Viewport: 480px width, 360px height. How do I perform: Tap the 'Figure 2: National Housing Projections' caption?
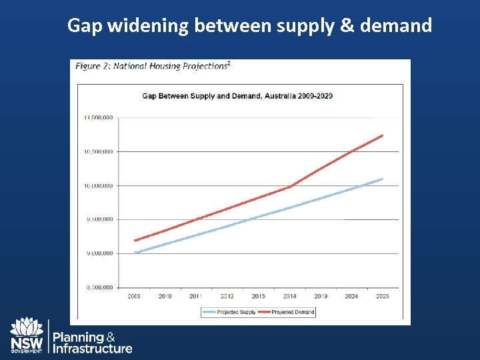point(152,66)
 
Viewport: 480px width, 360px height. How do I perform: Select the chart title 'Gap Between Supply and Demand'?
point(237,96)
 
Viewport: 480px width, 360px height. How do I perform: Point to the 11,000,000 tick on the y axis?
point(98,117)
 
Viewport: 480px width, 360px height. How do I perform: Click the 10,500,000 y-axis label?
point(98,151)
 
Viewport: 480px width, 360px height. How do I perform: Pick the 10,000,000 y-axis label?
point(98,185)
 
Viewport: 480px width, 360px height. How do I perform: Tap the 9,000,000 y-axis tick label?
point(98,253)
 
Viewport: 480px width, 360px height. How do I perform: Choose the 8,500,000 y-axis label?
point(98,287)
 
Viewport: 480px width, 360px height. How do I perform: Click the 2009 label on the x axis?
point(134,296)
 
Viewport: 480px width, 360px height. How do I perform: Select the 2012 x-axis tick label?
point(227,296)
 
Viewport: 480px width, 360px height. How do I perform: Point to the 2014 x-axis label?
point(289,296)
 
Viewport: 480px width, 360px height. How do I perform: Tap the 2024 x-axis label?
point(351,296)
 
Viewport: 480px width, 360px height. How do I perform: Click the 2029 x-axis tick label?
point(383,296)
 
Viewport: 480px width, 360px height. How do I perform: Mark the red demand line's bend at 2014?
point(290,187)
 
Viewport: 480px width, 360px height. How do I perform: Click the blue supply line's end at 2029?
point(382,179)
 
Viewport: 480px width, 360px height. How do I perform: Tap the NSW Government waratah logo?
point(27,335)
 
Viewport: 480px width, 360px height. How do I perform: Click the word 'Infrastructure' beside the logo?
point(93,349)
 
